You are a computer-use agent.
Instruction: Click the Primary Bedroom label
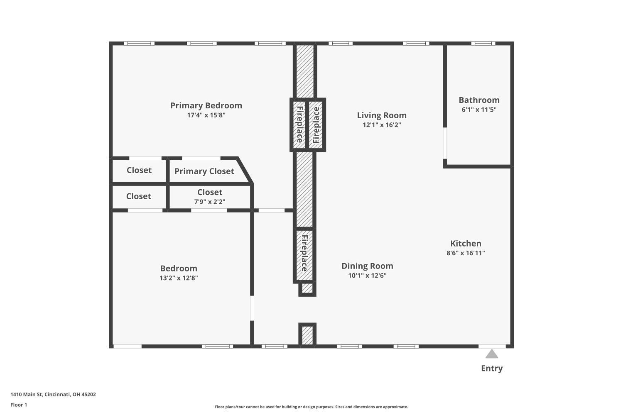click(x=206, y=105)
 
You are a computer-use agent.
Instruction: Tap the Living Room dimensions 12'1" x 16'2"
click(x=382, y=125)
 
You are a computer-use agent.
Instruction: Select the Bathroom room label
click(x=479, y=100)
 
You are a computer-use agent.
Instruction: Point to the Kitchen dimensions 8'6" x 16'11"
click(x=466, y=253)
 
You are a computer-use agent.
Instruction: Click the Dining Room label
click(x=367, y=266)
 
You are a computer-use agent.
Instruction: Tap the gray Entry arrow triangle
click(x=492, y=354)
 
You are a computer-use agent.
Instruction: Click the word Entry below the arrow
click(x=492, y=368)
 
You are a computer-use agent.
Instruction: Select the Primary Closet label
click(x=204, y=171)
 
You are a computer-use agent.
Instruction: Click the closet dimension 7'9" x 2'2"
click(x=210, y=202)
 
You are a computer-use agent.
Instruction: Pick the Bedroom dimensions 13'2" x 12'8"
click(x=179, y=278)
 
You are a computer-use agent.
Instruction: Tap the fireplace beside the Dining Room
click(x=304, y=254)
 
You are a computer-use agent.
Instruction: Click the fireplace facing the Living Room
click(x=316, y=125)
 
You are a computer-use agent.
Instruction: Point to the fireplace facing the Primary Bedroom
click(x=299, y=125)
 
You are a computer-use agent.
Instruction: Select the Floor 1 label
click(x=19, y=405)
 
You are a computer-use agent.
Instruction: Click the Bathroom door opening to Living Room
click(x=445, y=143)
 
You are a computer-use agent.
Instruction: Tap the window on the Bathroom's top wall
click(x=483, y=44)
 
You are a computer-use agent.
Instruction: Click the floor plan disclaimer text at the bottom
click(x=311, y=407)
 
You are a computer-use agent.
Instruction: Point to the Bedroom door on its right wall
click(x=252, y=308)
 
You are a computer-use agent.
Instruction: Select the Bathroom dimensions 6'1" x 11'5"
click(x=479, y=110)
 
